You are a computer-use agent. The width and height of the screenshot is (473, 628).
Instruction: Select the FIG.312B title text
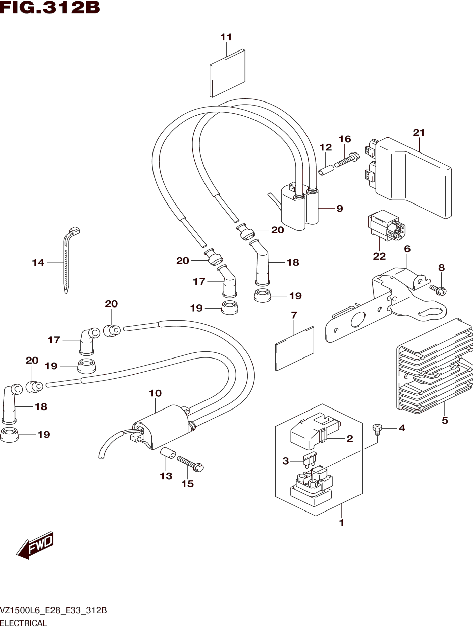coord(50,8)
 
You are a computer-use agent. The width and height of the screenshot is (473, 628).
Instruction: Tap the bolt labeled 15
coord(190,464)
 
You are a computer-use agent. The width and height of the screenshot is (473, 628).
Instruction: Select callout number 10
coord(155,393)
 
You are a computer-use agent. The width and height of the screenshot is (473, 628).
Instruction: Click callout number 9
coord(340,209)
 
